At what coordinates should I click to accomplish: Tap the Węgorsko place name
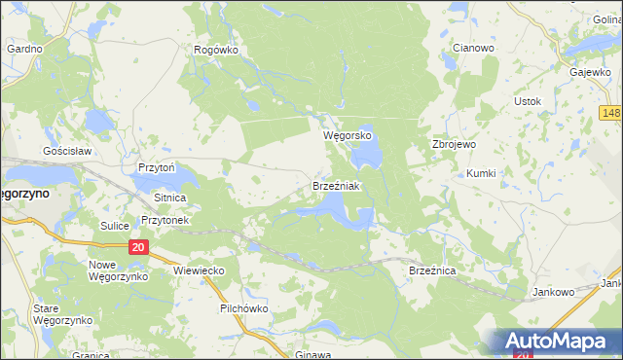coord(348,136)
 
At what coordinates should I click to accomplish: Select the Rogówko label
coord(216,51)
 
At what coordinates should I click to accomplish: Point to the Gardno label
coord(24,48)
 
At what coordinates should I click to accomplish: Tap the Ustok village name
coord(527,101)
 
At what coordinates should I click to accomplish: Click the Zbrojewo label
coord(453,144)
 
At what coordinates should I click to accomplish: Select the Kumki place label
coord(481,172)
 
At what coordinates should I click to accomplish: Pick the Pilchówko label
coord(243,308)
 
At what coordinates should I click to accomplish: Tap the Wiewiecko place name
coord(200,270)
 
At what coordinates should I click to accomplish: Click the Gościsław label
coord(66,152)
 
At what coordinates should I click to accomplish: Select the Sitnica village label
coord(169,197)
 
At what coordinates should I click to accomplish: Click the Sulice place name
coord(114,225)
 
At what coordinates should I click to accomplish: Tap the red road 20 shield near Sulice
coord(137,248)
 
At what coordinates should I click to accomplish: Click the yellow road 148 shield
coord(611,114)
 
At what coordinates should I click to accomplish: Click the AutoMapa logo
coord(558,341)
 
